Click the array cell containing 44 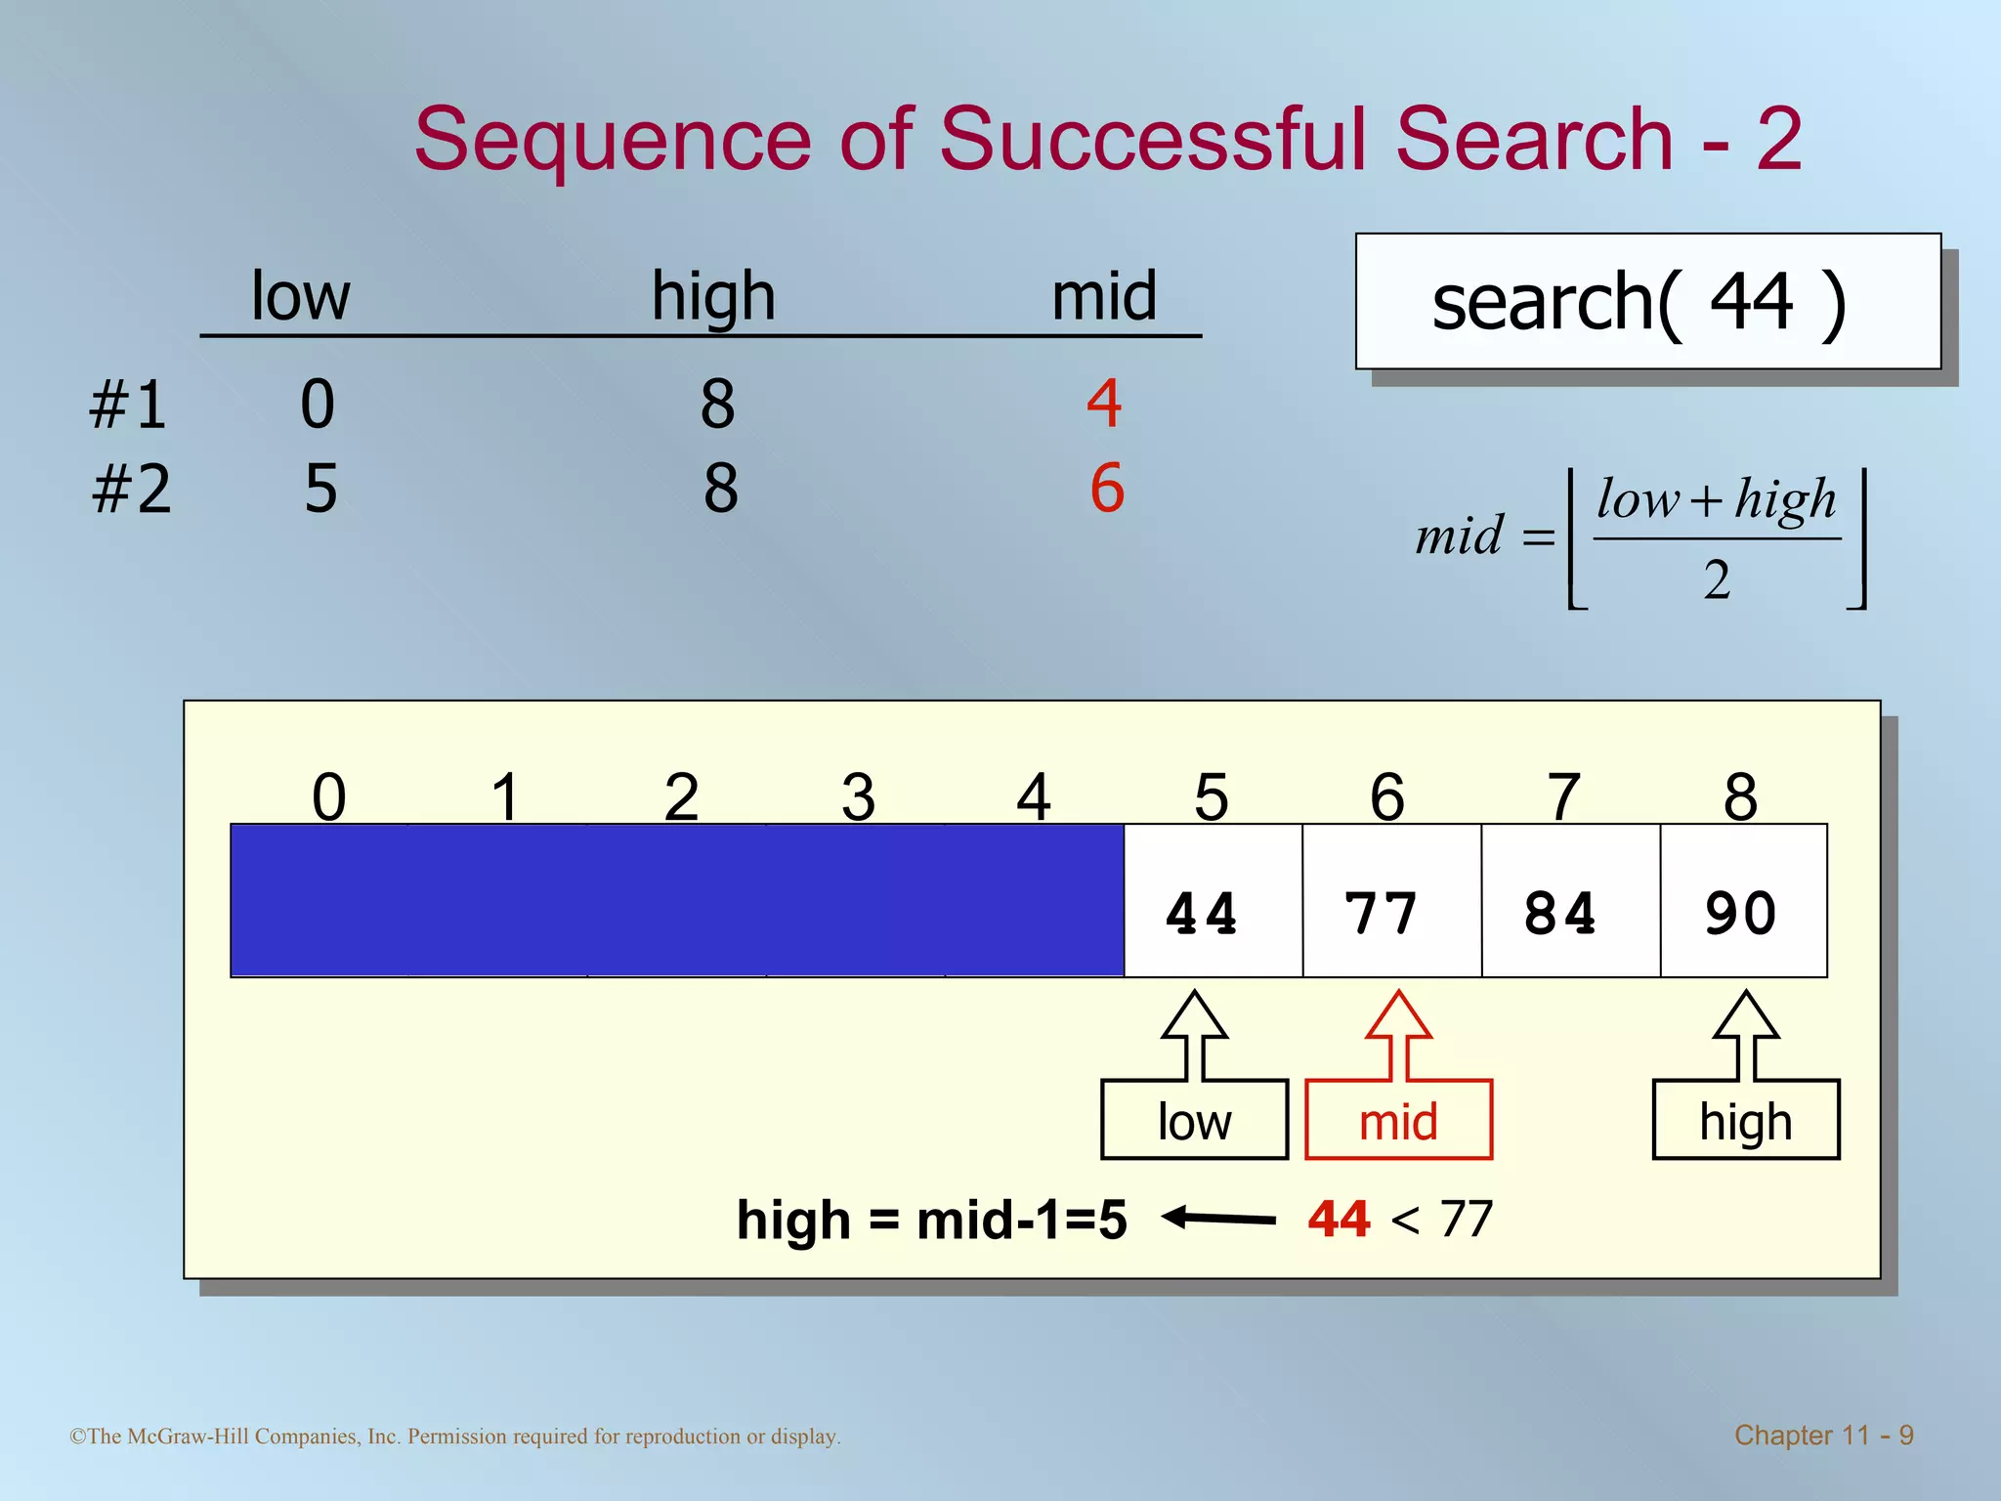(x=1213, y=901)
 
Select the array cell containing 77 (x=1391, y=901)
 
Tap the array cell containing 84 (x=1570, y=901)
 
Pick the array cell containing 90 (x=1743, y=901)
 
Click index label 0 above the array (x=329, y=796)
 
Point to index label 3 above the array (x=858, y=796)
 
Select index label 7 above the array (x=1563, y=796)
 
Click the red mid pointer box (x=1398, y=1120)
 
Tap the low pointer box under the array (x=1194, y=1120)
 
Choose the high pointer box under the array (x=1745, y=1120)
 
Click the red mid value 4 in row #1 (x=1104, y=403)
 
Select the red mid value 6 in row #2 (x=1107, y=488)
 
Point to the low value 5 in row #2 (x=320, y=489)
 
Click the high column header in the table (x=713, y=296)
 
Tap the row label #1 (x=128, y=405)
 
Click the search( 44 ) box (x=1647, y=301)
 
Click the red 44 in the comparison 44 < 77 (x=1339, y=1220)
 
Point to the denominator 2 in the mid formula (x=1717, y=579)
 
